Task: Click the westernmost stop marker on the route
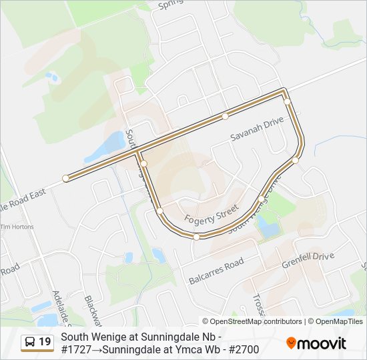coord(65,178)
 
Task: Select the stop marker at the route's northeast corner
coord(286,101)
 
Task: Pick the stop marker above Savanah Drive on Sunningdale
coord(226,116)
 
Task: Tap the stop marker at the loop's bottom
coord(196,237)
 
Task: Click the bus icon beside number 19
coord(30,343)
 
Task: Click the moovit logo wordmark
coord(323,343)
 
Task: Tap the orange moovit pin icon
coord(292,343)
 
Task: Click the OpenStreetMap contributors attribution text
coord(257,321)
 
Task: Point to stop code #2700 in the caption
coord(244,349)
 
